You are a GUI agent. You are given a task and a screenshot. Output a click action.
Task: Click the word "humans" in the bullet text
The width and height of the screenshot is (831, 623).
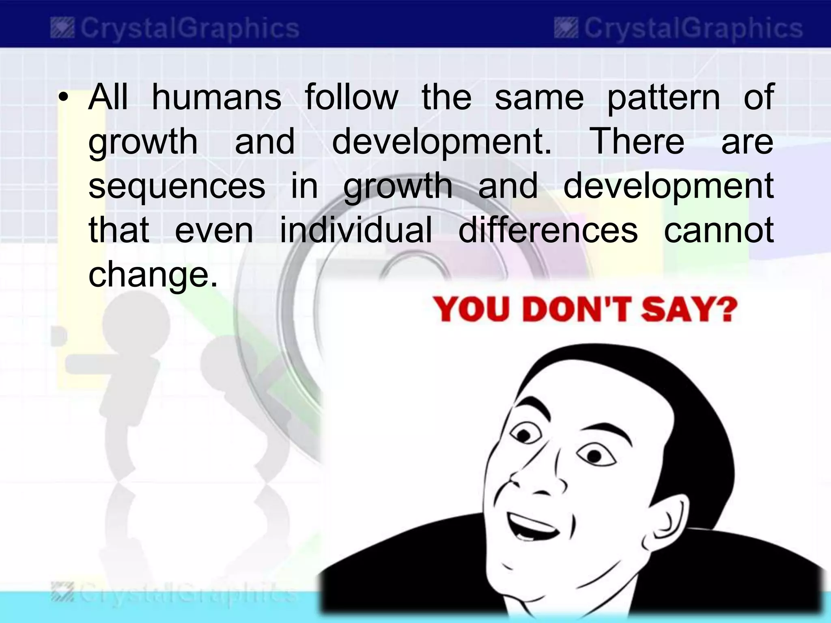click(x=216, y=97)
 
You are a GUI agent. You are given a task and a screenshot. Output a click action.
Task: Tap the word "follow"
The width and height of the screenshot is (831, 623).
click(x=351, y=97)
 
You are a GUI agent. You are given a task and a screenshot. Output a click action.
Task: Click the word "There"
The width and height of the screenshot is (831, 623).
click(x=638, y=142)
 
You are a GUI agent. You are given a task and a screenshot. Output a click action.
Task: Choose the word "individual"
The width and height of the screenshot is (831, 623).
click(x=356, y=230)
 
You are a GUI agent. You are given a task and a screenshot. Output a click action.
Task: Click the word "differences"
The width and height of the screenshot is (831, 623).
click(x=548, y=230)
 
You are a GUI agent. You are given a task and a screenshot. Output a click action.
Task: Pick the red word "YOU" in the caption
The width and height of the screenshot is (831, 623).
click(x=473, y=310)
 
